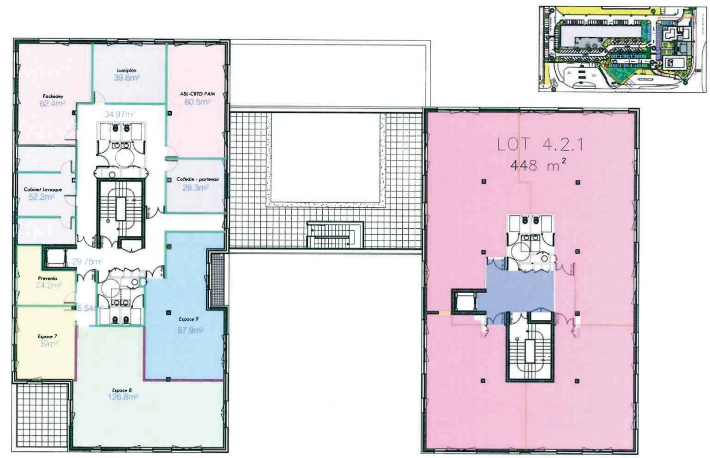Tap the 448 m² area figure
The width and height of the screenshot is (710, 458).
pos(530,165)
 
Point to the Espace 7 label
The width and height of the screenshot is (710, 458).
pos(48,336)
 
